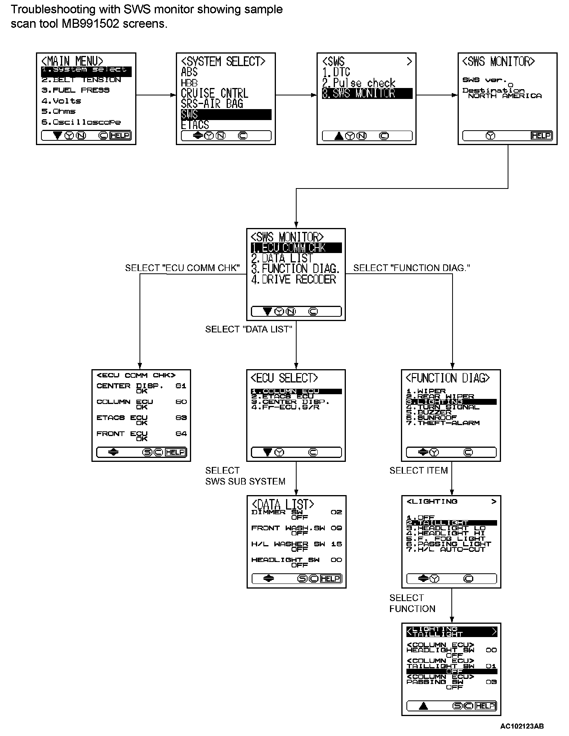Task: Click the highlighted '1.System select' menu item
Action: pyautogui.click(x=86, y=70)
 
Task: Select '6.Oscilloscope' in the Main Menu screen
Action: pyautogui.click(x=81, y=122)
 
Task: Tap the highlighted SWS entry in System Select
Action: pyautogui.click(x=226, y=115)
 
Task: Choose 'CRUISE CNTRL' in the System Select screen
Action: pyautogui.click(x=214, y=93)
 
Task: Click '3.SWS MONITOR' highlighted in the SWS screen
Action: pyautogui.click(x=367, y=93)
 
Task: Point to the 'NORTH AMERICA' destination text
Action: pyautogui.click(x=505, y=96)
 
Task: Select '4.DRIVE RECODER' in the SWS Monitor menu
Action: pyautogui.click(x=293, y=280)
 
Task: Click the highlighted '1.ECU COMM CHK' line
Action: pyautogui.click(x=296, y=248)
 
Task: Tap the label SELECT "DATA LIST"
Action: pyautogui.click(x=249, y=330)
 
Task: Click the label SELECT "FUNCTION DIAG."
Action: pyautogui.click(x=412, y=268)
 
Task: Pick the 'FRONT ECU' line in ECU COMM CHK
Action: pyautogui.click(x=122, y=434)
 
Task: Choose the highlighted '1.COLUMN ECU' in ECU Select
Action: pyautogui.click(x=296, y=391)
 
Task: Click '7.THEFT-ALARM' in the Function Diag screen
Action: pyautogui.click(x=443, y=423)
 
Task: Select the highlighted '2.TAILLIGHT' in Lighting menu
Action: pyautogui.click(x=451, y=523)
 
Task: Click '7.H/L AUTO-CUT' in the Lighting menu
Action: pyautogui.click(x=446, y=549)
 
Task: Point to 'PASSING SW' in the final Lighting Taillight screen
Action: pyautogui.click(x=435, y=682)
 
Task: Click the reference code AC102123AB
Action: pyautogui.click(x=522, y=726)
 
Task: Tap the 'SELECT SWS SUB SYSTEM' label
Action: pyautogui.click(x=245, y=476)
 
